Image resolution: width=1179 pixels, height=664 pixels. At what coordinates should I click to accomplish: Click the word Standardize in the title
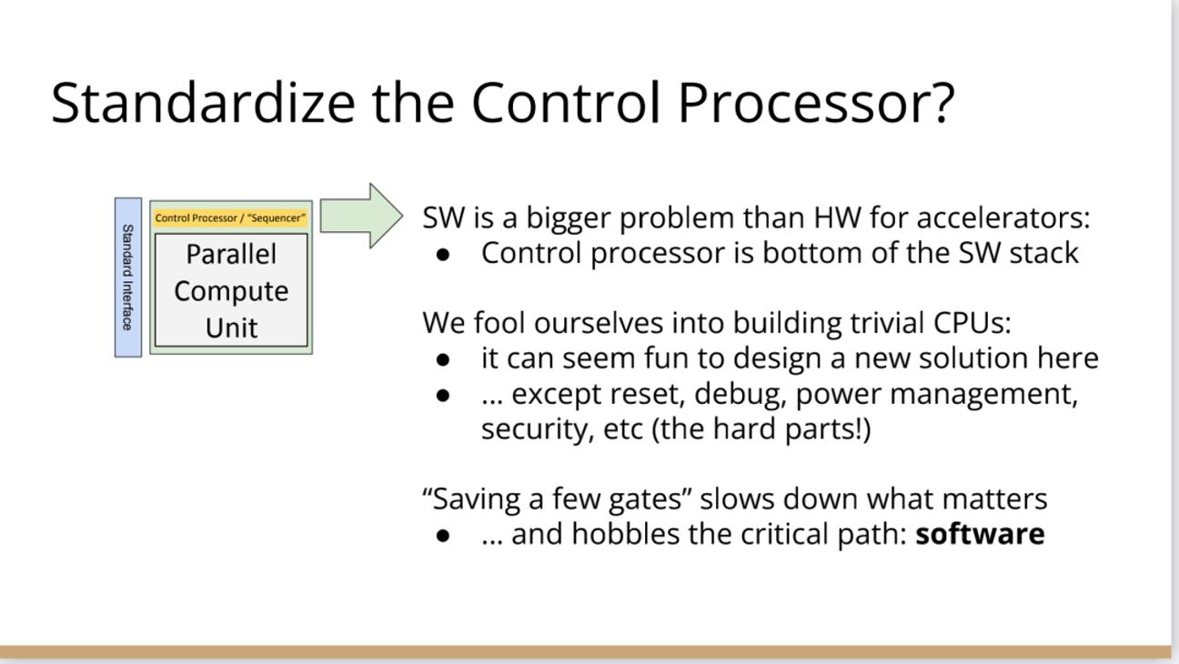(x=203, y=102)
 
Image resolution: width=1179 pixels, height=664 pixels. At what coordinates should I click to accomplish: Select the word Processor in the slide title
(x=801, y=103)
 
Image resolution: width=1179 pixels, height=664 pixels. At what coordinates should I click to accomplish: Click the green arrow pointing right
(x=361, y=216)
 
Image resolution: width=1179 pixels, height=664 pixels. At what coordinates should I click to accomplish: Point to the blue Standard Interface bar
(x=128, y=277)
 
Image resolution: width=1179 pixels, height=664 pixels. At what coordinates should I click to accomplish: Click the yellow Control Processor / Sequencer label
(x=230, y=217)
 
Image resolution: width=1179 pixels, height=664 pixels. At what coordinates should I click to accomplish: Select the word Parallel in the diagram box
(x=231, y=254)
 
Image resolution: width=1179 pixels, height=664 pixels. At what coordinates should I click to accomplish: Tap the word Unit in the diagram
(x=232, y=327)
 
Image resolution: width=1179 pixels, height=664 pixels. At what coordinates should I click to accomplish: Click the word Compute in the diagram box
(x=231, y=291)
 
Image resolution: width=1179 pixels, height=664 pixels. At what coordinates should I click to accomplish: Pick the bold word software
(x=980, y=534)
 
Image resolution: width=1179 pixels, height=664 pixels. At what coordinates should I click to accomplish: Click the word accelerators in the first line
(x=1003, y=217)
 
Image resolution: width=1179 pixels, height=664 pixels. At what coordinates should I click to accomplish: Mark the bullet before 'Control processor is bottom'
(x=443, y=255)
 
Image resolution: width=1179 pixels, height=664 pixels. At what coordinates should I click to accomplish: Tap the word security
(x=538, y=428)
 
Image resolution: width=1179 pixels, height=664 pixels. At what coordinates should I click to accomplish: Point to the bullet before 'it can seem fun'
(x=443, y=360)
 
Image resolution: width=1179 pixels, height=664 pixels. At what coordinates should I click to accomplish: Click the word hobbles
(x=626, y=534)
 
